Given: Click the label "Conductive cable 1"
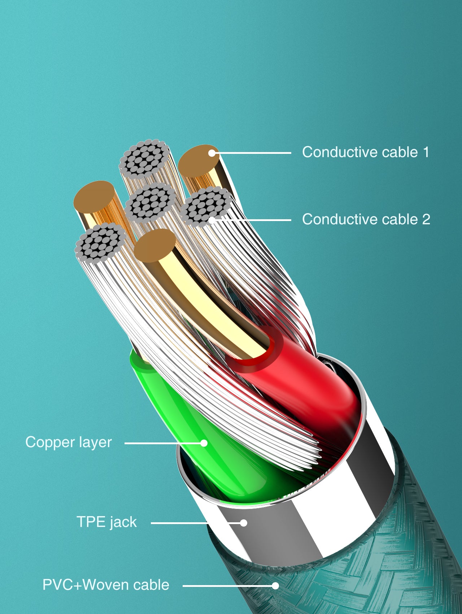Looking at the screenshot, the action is click(366, 152).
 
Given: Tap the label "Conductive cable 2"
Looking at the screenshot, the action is click(366, 219).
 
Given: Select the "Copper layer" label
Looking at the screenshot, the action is click(69, 442).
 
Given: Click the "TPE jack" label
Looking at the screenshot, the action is click(107, 522).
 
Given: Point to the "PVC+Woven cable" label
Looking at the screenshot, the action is click(106, 585).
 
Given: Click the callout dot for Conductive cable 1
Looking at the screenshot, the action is click(212, 153).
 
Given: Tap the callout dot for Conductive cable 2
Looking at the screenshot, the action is click(212, 220).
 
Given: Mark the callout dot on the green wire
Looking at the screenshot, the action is click(204, 443).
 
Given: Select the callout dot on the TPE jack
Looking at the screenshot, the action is click(244, 523).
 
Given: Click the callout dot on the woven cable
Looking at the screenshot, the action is click(275, 585).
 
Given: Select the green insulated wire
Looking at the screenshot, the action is click(202, 433).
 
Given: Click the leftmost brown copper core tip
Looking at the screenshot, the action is click(94, 197).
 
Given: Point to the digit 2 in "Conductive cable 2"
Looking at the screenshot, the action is click(426, 219).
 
